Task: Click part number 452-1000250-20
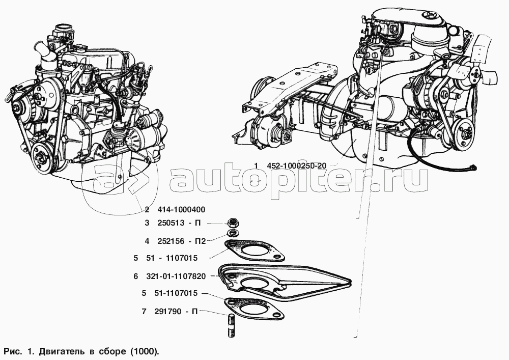pos(297,166)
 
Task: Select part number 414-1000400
pos(181,210)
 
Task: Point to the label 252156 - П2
pos(182,241)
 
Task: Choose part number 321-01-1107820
pos(178,276)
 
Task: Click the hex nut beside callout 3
pos(233,223)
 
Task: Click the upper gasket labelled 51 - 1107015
pos(253,251)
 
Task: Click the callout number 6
pos(136,276)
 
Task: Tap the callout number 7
pos(144,312)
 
